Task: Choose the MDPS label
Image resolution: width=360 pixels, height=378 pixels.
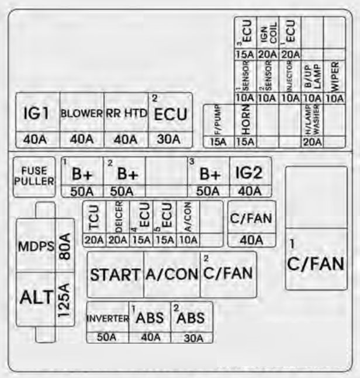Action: pyautogui.click(x=36, y=246)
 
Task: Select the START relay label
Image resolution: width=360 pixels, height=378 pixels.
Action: pyautogui.click(x=115, y=274)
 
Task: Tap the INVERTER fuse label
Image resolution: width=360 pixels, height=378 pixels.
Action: pyautogui.click(x=107, y=319)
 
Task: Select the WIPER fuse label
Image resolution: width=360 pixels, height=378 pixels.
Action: pyautogui.click(x=334, y=77)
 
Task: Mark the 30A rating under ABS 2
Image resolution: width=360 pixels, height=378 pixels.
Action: pyautogui.click(x=191, y=338)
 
